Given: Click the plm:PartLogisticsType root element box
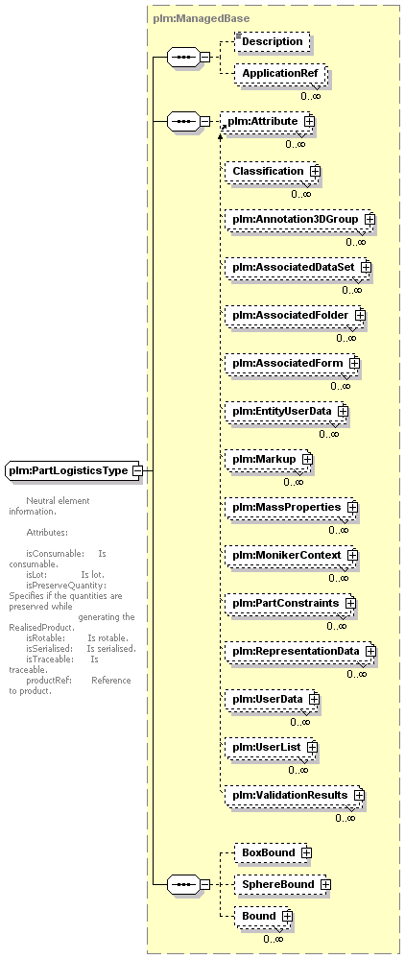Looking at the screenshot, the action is coord(73,470).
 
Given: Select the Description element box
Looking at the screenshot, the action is coord(273,41).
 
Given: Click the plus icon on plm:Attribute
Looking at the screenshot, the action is coord(310,121).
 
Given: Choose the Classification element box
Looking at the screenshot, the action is coord(272,171).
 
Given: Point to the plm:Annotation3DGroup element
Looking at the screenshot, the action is coord(299,219).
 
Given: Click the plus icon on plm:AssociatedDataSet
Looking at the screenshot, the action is coord(366,267).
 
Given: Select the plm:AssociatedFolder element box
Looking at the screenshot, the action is coord(295,315).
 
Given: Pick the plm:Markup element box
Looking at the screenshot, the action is coord(269,459).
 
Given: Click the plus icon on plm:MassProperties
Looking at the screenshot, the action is coord(352,507).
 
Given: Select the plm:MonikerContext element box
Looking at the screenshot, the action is coord(291,555).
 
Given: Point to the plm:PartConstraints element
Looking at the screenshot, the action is coord(290,603).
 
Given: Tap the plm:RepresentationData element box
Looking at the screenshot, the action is coord(299,651).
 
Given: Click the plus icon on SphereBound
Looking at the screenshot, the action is coord(325,884).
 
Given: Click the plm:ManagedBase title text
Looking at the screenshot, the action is coord(191,19).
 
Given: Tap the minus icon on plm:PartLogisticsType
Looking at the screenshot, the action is coord(137,470).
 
